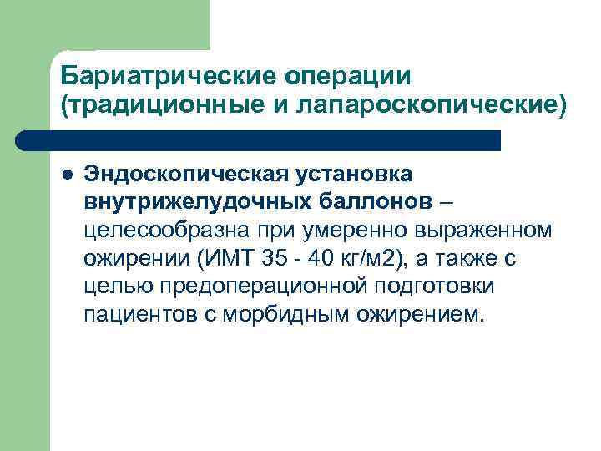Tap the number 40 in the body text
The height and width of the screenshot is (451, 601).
(x=327, y=259)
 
